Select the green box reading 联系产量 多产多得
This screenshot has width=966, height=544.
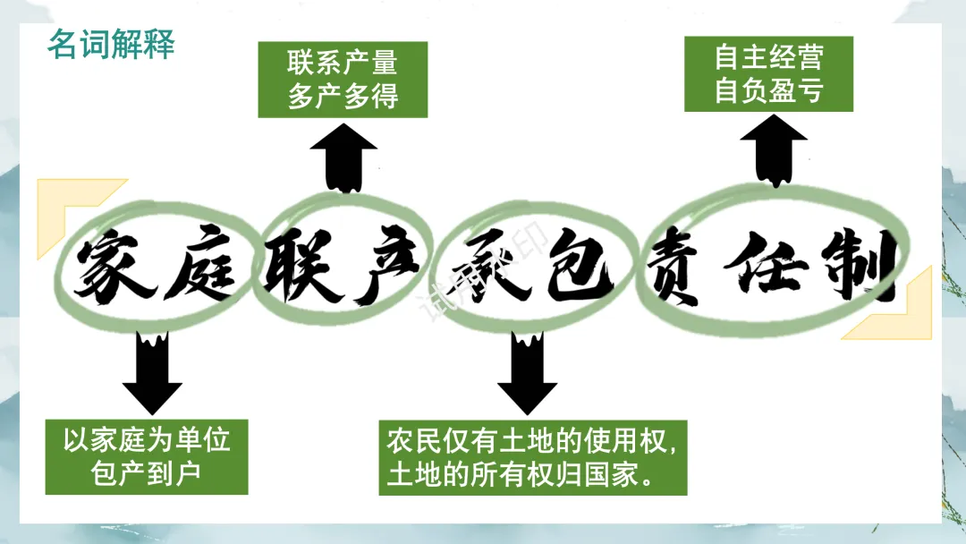pyautogui.click(x=343, y=80)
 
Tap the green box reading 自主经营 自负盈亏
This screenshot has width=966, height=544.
pyautogui.click(x=768, y=74)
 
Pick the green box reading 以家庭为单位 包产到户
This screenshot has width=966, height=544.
pyautogui.click(x=147, y=456)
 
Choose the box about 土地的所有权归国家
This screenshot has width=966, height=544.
pyautogui.click(x=532, y=456)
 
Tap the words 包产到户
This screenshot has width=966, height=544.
pyautogui.click(x=147, y=473)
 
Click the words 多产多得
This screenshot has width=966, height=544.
pyautogui.click(x=343, y=97)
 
